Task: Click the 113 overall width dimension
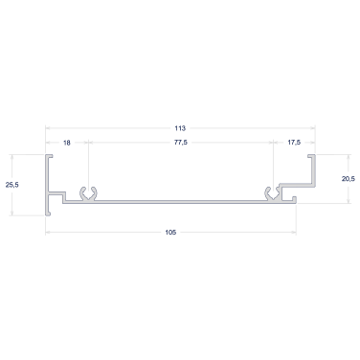coord(180,128)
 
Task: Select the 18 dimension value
coord(67,143)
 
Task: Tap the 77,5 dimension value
coord(181,143)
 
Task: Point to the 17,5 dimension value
coord(294,143)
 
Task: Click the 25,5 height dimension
coord(12,185)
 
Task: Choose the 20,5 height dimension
coord(349,179)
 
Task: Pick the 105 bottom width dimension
coord(170,233)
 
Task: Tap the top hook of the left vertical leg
coord(49,156)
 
